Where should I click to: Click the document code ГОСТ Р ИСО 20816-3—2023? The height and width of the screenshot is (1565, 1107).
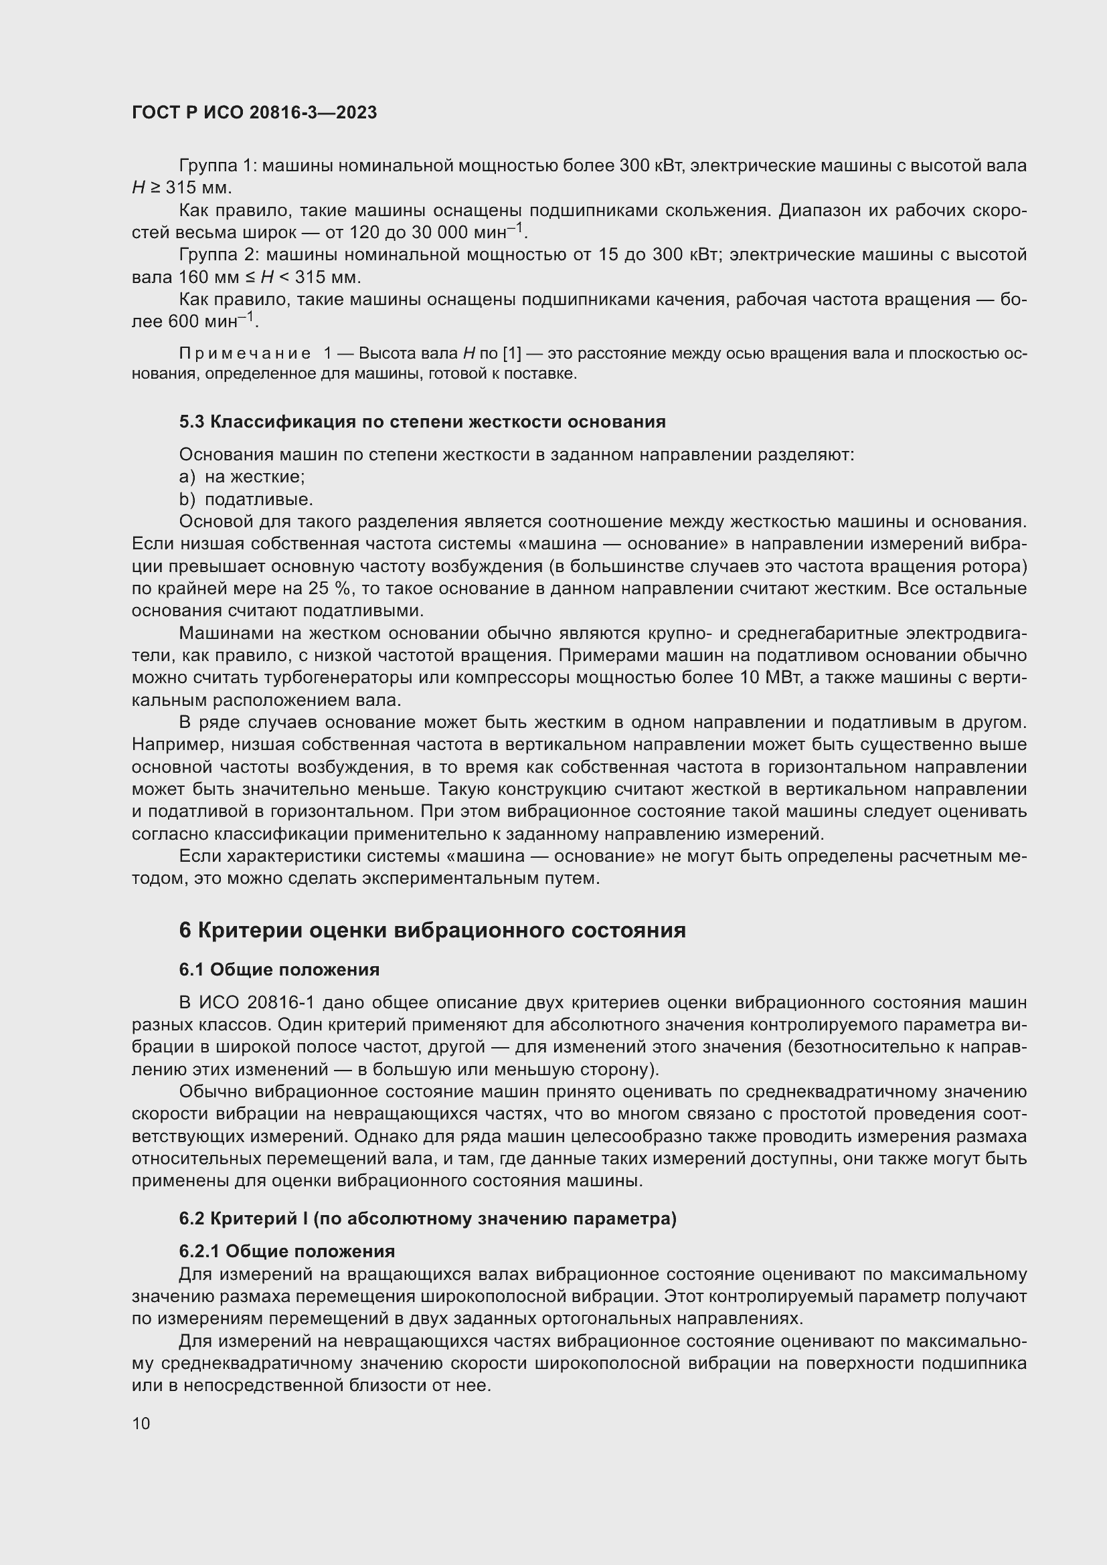254,113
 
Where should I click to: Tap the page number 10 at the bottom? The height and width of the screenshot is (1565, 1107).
141,1423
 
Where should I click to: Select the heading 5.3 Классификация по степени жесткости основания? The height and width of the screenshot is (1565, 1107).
422,422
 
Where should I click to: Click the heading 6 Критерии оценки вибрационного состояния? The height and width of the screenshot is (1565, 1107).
432,931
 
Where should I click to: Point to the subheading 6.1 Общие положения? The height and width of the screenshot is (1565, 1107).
279,970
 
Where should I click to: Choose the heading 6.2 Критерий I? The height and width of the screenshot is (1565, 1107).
428,1218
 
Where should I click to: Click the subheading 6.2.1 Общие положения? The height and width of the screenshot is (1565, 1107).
287,1251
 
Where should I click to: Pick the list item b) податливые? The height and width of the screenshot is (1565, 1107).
246,499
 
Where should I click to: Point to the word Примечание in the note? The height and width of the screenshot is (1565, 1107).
245,354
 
